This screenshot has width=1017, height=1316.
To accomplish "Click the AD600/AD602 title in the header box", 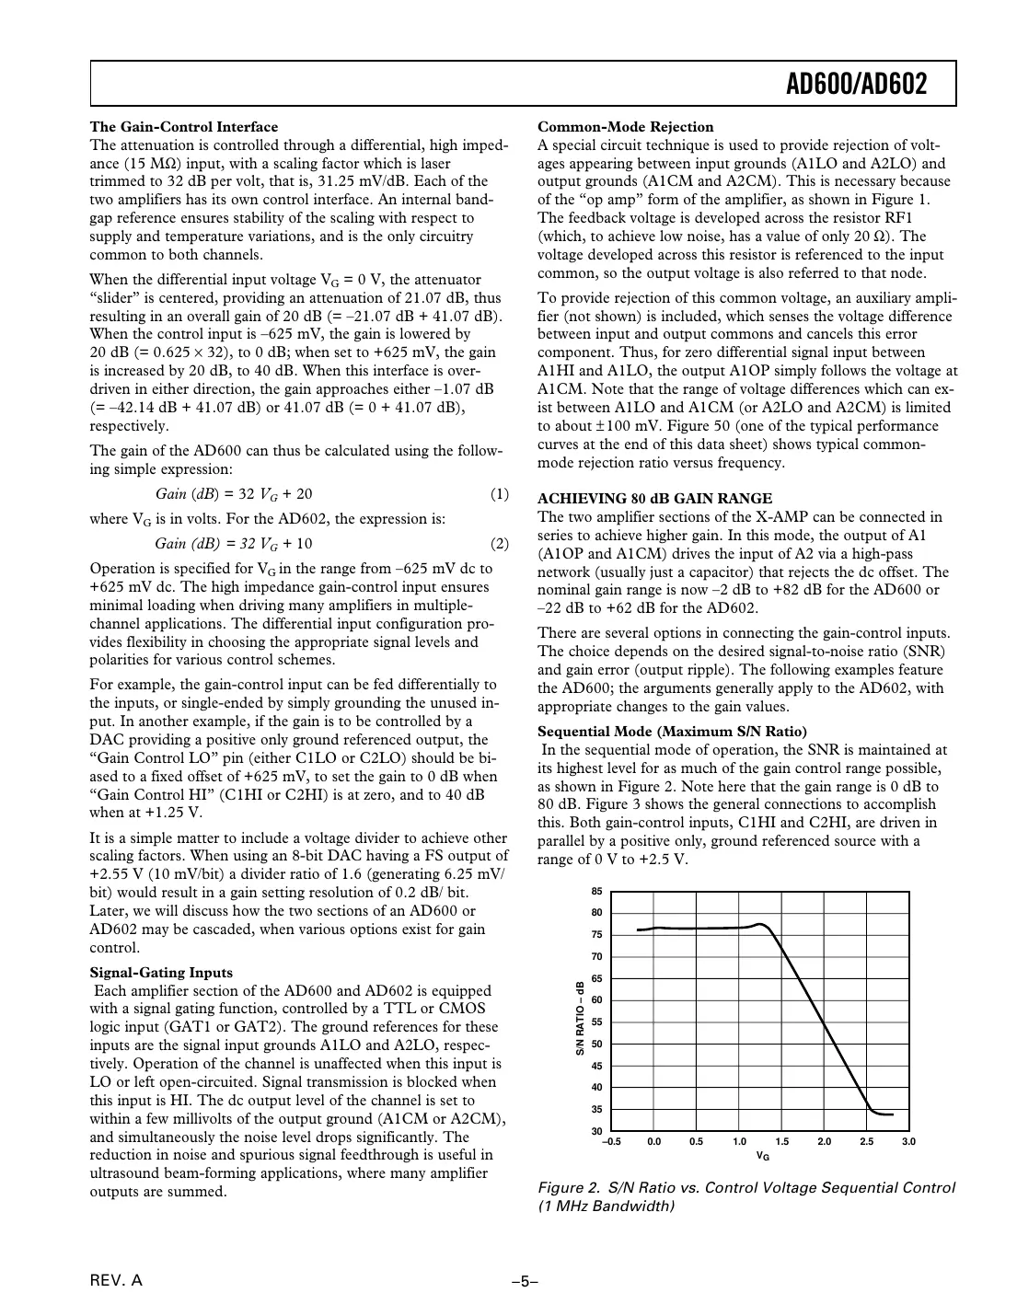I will click(x=856, y=85).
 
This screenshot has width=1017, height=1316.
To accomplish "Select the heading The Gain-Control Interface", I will click(x=183, y=127).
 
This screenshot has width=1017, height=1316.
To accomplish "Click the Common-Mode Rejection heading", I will click(x=625, y=127).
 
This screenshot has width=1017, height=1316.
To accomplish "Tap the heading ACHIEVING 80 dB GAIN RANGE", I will click(x=654, y=499).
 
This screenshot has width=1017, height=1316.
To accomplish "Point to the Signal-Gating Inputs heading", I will click(x=161, y=973).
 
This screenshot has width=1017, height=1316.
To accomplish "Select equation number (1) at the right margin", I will click(x=499, y=494).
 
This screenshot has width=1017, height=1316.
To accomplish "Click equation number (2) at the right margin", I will click(x=499, y=543).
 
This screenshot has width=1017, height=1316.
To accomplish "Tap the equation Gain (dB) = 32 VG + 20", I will click(x=234, y=494).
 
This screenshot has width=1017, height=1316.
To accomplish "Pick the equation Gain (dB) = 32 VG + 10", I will click(x=234, y=543).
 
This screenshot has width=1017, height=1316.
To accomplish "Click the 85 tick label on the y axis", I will click(x=596, y=892).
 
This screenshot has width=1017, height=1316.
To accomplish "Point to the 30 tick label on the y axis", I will click(x=596, y=1131).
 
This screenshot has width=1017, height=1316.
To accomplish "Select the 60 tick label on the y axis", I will click(x=596, y=1000).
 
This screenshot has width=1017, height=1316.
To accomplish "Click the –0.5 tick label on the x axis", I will click(x=611, y=1142).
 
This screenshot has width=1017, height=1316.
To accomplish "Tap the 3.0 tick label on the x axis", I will click(x=909, y=1142).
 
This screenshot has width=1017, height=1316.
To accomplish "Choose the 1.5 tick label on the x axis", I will click(x=781, y=1142).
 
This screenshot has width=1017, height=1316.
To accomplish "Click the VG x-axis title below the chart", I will click(x=762, y=1155).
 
